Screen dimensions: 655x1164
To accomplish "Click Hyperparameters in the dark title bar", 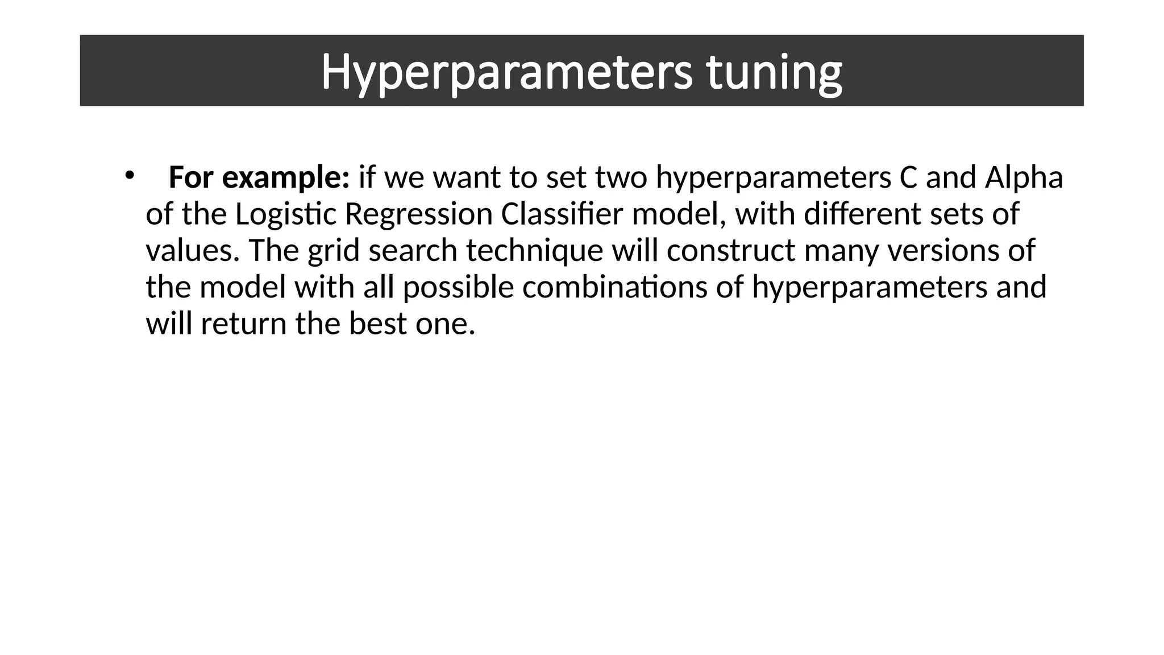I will click(x=506, y=73).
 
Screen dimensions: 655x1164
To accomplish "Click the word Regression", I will click(x=418, y=214).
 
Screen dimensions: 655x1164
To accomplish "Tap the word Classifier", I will click(x=562, y=214).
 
